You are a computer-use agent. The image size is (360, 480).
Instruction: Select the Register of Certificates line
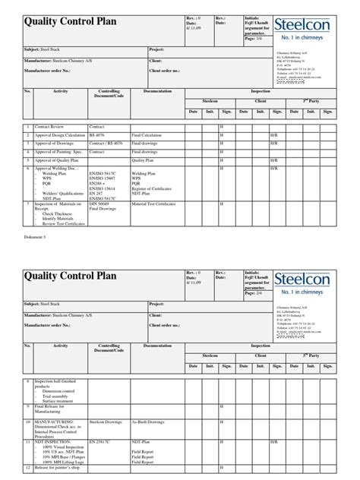[156, 188]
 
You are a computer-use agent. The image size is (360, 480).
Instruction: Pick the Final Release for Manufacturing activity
[49, 409]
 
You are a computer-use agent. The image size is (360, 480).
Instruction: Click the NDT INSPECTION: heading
[49, 440]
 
